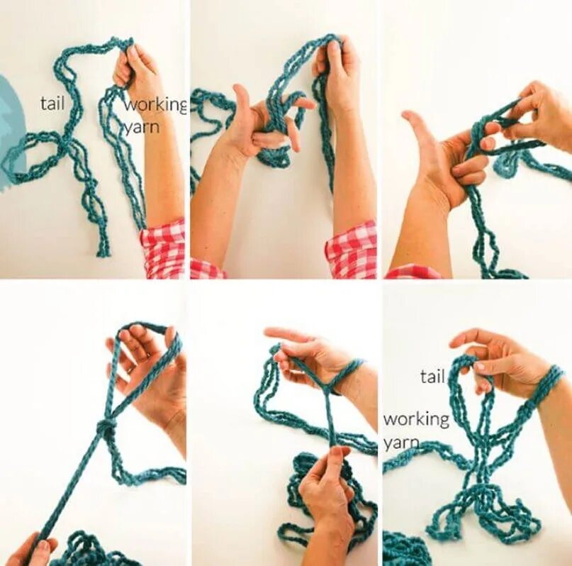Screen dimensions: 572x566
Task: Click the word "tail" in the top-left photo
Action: pos(52,104)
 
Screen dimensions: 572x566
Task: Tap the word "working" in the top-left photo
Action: pos(156,106)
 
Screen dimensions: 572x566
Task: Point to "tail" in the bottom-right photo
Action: pos(433,376)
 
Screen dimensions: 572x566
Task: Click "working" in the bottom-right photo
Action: pos(416,420)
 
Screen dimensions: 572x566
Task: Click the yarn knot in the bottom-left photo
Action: pos(105,428)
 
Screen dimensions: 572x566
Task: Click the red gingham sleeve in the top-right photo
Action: pos(413,272)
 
